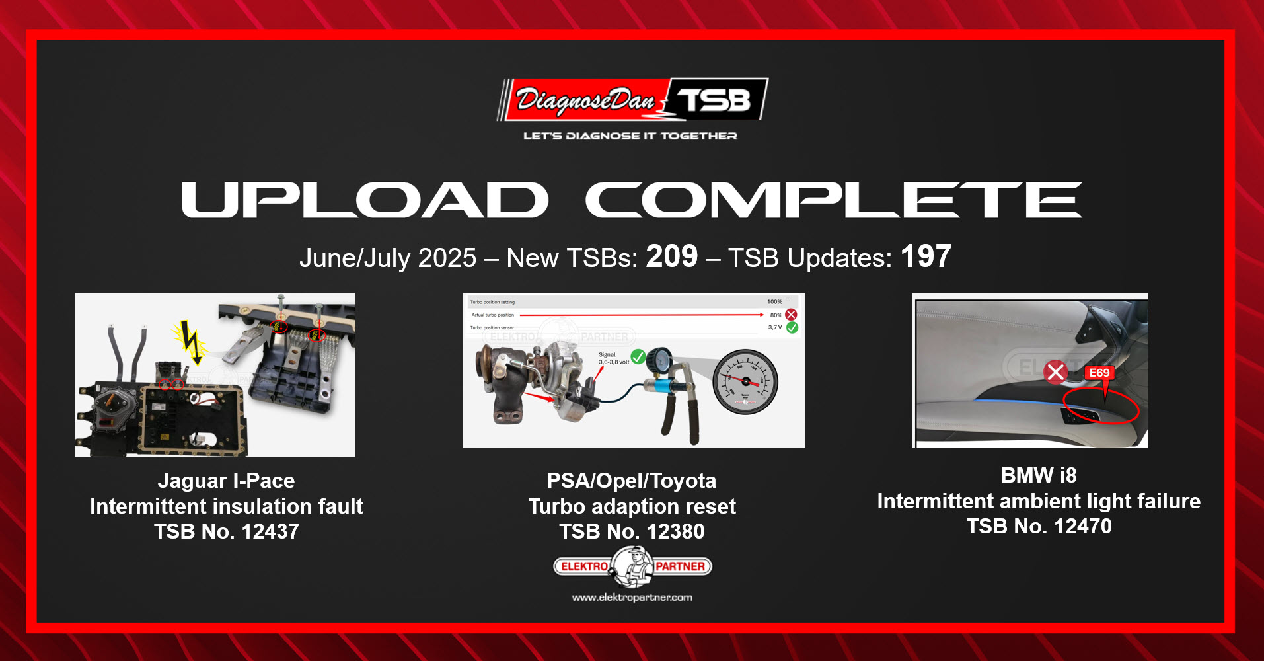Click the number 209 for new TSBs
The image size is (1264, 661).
[671, 256]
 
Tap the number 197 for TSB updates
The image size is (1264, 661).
[926, 256]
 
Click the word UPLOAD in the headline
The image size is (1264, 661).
[365, 200]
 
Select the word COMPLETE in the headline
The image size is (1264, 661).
[833, 200]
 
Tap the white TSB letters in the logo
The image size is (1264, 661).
[715, 100]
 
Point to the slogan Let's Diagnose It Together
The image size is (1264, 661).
[630, 136]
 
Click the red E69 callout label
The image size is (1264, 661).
[1099, 373]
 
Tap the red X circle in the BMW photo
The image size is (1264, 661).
[1056, 372]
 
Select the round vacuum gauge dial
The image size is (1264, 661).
[745, 382]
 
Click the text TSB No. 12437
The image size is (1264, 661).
[227, 531]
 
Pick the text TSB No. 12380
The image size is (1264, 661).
[632, 531]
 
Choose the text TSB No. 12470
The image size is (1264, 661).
[1039, 526]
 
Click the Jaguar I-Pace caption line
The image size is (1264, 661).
[227, 481]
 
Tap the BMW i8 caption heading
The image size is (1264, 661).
[1039, 475]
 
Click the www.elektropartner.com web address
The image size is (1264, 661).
[632, 598]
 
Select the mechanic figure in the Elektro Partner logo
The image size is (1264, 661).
[632, 567]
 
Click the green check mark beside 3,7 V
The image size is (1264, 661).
[792, 327]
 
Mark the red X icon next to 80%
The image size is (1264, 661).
[791, 315]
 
